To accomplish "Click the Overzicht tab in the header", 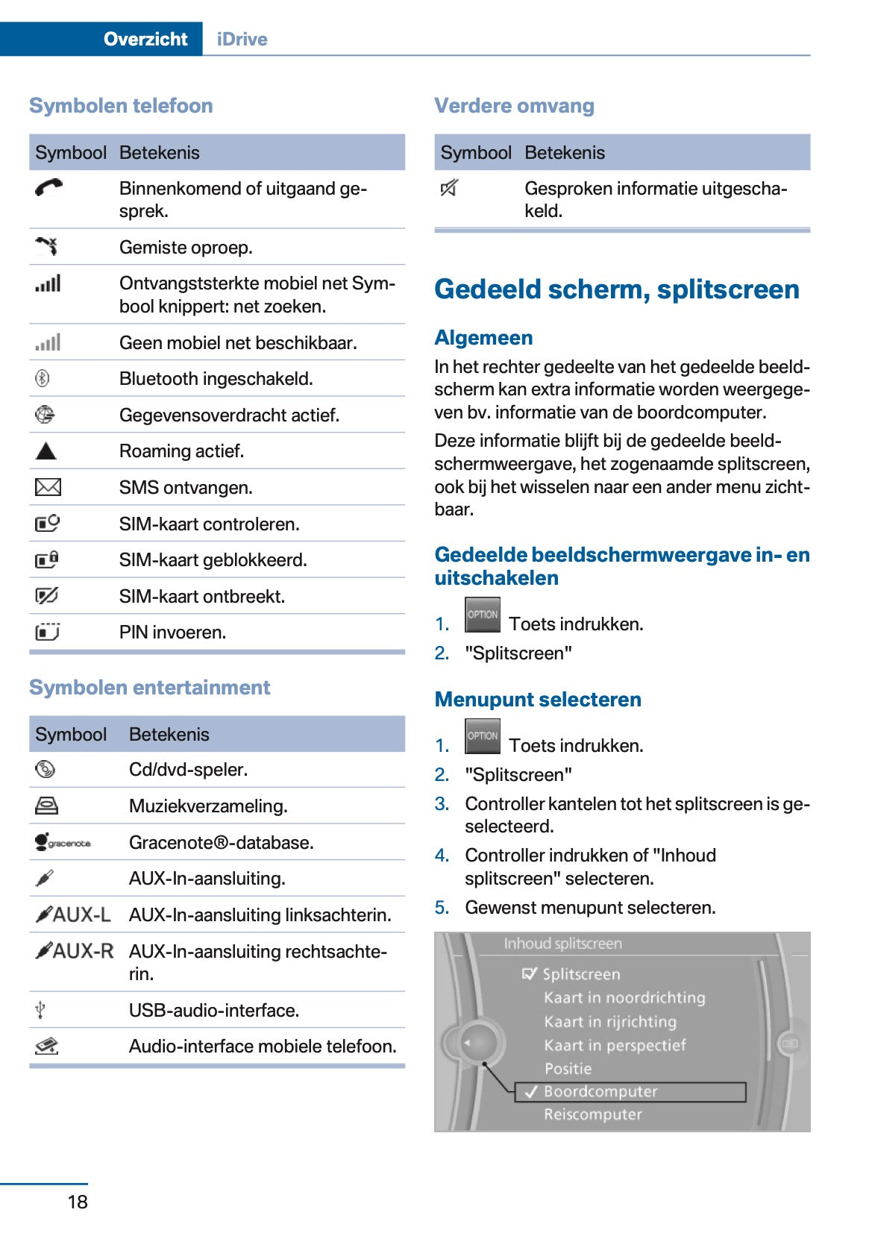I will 145,39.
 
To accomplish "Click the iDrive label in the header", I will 242,39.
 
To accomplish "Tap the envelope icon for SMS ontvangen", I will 48,487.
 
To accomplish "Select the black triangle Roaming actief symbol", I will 46,451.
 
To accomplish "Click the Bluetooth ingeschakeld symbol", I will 43,378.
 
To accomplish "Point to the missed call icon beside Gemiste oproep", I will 46,246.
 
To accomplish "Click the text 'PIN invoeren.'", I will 172,632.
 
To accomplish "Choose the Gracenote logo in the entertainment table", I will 63,842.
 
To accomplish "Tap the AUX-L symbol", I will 73,914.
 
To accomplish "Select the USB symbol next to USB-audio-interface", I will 41,1010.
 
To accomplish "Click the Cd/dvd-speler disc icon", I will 45,769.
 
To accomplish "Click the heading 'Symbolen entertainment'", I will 149,687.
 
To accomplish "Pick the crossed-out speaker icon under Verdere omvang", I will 449,189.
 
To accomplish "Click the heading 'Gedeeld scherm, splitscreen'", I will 616,289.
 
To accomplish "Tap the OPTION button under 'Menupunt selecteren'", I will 482,736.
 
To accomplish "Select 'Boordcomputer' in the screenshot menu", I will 600,1091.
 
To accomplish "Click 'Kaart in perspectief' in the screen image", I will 615,1045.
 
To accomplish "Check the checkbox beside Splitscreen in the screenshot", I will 529,973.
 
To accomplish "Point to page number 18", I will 78,1201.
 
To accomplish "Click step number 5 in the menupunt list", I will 442,907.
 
